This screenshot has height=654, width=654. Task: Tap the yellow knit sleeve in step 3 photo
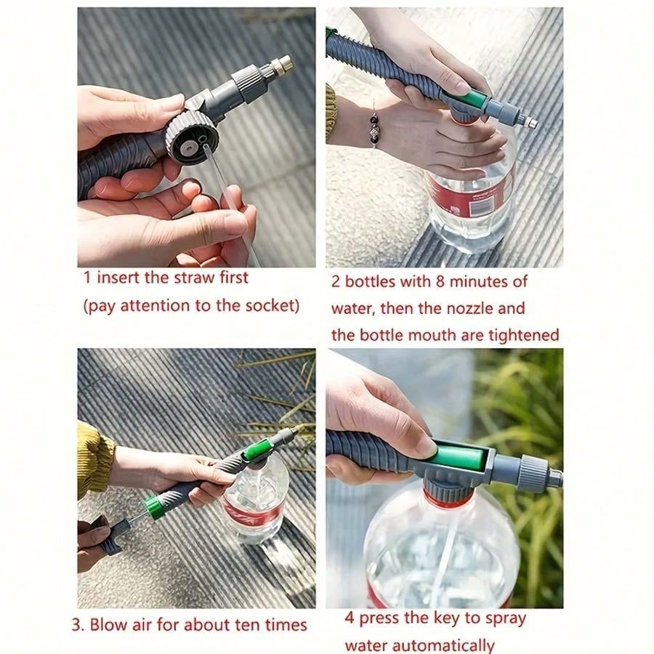coord(94,459)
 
